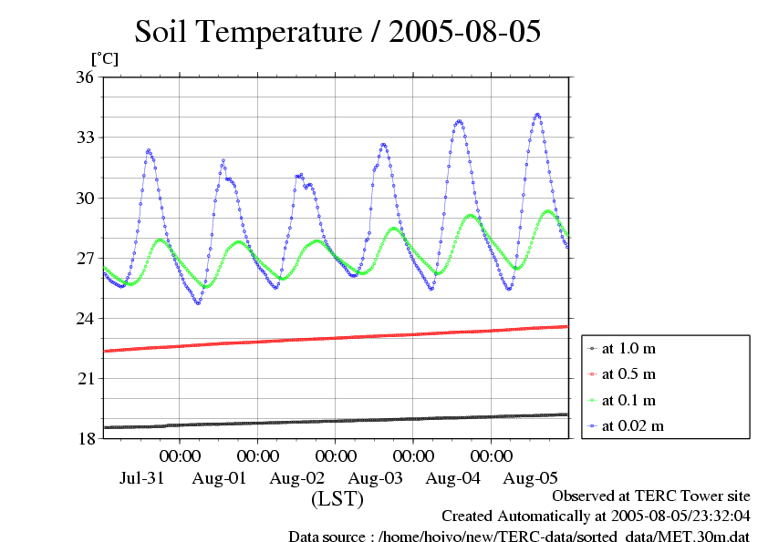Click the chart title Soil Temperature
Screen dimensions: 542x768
coord(337,32)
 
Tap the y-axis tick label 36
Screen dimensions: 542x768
coord(84,77)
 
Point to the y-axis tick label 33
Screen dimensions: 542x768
coord(84,138)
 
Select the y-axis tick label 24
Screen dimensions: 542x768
coord(84,318)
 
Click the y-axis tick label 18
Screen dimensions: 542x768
coord(84,438)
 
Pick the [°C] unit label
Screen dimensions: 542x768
coord(104,58)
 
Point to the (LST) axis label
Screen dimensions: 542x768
coord(337,499)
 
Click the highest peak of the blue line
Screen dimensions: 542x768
coord(537,114)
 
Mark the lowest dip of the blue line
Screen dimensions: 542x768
coord(198,303)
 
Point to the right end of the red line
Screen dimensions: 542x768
coord(567,326)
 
